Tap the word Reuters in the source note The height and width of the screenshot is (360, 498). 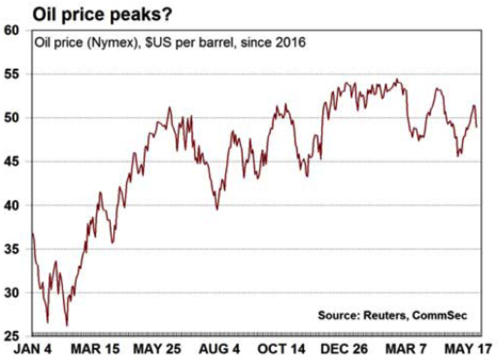(387, 316)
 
